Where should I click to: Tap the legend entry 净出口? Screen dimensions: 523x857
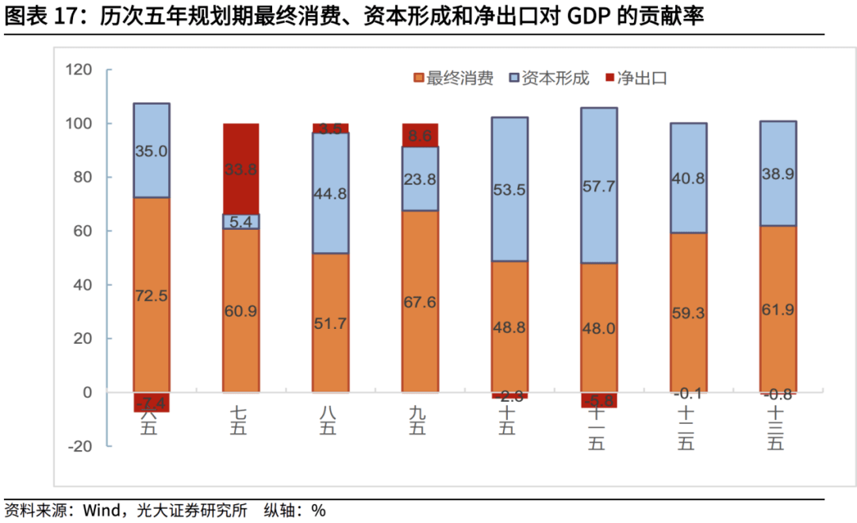[x=640, y=78]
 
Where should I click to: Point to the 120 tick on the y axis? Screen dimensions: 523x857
[x=79, y=71]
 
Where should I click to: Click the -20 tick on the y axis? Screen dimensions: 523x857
[x=79, y=446]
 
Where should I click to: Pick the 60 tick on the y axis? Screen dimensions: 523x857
[x=83, y=231]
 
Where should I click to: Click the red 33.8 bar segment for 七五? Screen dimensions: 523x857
[x=240, y=169]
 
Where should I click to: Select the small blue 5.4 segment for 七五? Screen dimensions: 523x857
[x=240, y=222]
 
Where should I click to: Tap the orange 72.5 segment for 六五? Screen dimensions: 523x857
[x=151, y=295]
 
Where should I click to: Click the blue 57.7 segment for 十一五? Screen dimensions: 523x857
[x=599, y=185]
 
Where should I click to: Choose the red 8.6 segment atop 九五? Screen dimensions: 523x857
[x=420, y=136]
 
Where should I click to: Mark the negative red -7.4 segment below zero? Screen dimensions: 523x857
[x=151, y=402]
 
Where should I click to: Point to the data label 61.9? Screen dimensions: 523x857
[x=778, y=309]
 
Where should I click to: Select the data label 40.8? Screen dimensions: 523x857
[x=688, y=178]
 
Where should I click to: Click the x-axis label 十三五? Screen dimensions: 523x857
[x=777, y=428]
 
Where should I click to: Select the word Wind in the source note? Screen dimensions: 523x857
[x=100, y=510]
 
